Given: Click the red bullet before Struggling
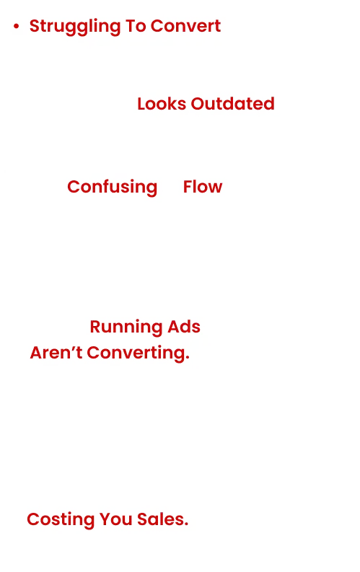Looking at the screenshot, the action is (x=16, y=26).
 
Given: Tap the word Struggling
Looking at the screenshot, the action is (x=75, y=27).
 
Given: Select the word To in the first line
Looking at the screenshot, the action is (x=136, y=26).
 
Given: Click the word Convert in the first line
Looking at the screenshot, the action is (x=185, y=26).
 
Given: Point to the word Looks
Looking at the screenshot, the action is (x=162, y=104).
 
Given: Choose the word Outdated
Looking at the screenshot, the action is (x=233, y=104).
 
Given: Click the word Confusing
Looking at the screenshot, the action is (x=113, y=188).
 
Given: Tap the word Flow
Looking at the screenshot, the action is (x=203, y=187).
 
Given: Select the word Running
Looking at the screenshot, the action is (x=126, y=327).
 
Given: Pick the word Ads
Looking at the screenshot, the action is (x=184, y=327).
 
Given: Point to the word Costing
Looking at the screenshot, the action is (x=61, y=520).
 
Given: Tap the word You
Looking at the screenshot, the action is (x=115, y=519).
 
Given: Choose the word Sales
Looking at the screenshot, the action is (x=162, y=519).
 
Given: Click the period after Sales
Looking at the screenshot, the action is (x=186, y=524).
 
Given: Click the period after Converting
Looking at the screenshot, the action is (x=188, y=358).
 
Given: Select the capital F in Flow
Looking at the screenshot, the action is (x=188, y=187).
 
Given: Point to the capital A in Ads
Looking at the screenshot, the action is (x=174, y=327).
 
